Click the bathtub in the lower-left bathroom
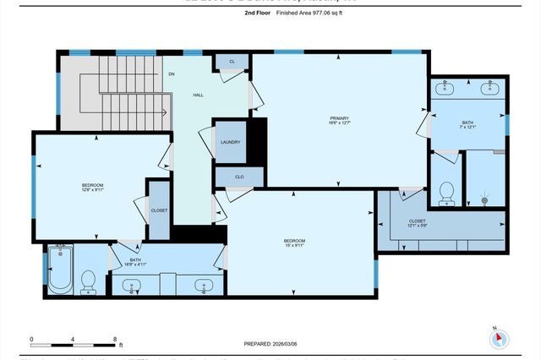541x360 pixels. pos(61,270)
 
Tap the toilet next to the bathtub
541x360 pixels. pos(88,281)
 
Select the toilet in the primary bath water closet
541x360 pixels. pos(447,192)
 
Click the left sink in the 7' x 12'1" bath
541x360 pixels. pos(447,87)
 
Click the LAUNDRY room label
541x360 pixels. pos(230,142)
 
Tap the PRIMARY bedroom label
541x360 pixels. pos(340,118)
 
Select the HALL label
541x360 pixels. pos(199,95)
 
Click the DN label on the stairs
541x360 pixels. pos(171,74)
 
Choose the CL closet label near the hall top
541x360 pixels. pos(232,62)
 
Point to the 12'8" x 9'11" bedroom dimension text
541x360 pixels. pos(92,190)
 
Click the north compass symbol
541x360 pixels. pos(499,337)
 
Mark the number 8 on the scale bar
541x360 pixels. pos(115,338)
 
